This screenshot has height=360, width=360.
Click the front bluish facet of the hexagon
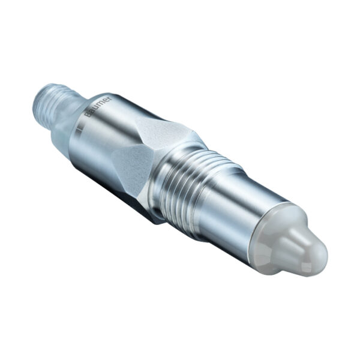pyautogui.click(x=133, y=167)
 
